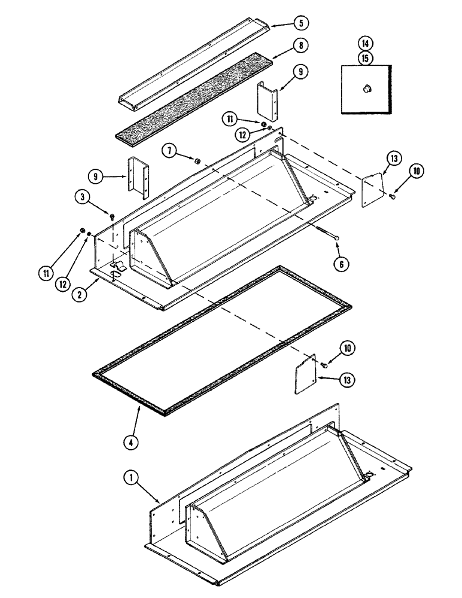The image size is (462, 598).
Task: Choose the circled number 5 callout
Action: pos(301,23)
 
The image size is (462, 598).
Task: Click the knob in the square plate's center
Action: pos(364,89)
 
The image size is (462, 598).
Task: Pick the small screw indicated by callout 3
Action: pos(112,215)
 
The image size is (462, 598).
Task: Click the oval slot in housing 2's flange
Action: pos(113,274)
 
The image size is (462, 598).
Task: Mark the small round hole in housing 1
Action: pos(369,474)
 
